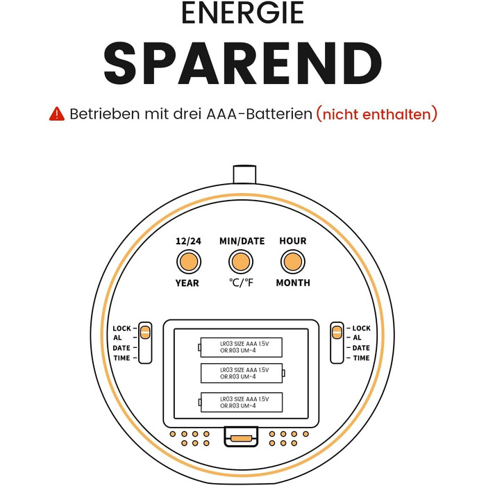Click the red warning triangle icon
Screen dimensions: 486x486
[57, 114]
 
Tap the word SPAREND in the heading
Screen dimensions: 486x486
[243, 64]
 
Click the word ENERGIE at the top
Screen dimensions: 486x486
[243, 12]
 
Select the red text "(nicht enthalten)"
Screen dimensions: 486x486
[376, 114]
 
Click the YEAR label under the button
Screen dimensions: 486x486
[187, 283]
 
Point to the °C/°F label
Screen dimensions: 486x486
[241, 283]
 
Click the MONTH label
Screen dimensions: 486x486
[293, 283]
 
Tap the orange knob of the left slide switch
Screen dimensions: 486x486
[145, 333]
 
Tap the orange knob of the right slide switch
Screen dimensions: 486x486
[337, 333]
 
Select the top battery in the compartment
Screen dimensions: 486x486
[240, 347]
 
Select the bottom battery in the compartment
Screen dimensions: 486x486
[240, 402]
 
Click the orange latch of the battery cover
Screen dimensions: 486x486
[241, 438]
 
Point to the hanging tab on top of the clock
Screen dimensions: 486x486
[244, 175]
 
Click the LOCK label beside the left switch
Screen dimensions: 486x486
[121, 328]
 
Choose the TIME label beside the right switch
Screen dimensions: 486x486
[362, 358]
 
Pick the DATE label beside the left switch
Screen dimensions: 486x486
[121, 348]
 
